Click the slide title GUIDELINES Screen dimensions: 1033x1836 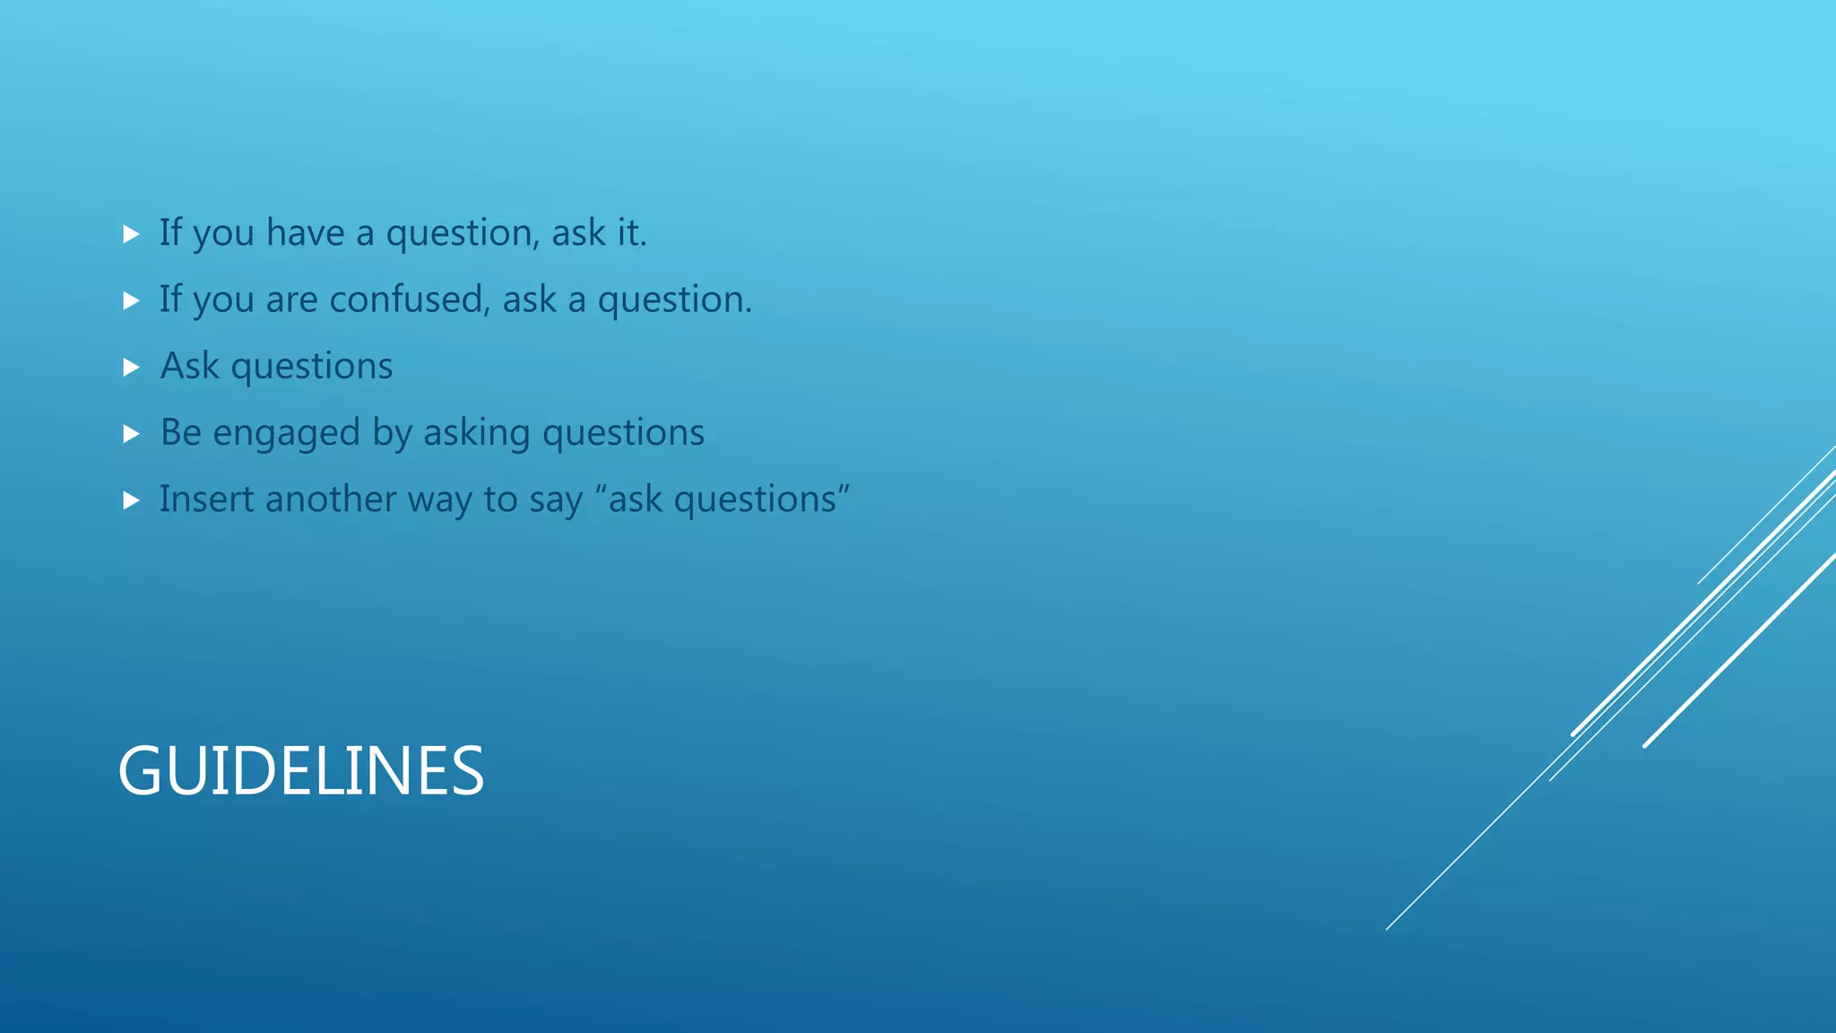(301, 771)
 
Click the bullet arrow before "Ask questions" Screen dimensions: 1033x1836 (132, 367)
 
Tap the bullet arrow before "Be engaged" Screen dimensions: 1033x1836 (132, 434)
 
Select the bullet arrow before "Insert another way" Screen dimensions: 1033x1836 (132, 500)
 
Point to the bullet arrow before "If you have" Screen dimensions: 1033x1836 (132, 234)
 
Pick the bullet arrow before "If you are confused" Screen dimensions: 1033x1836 (132, 300)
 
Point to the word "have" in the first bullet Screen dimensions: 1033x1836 (305, 233)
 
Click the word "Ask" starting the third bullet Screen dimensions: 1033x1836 (189, 366)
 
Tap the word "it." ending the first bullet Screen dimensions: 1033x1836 (631, 233)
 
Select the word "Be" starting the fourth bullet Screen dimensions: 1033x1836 (180, 432)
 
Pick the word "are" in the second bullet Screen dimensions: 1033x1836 (291, 299)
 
